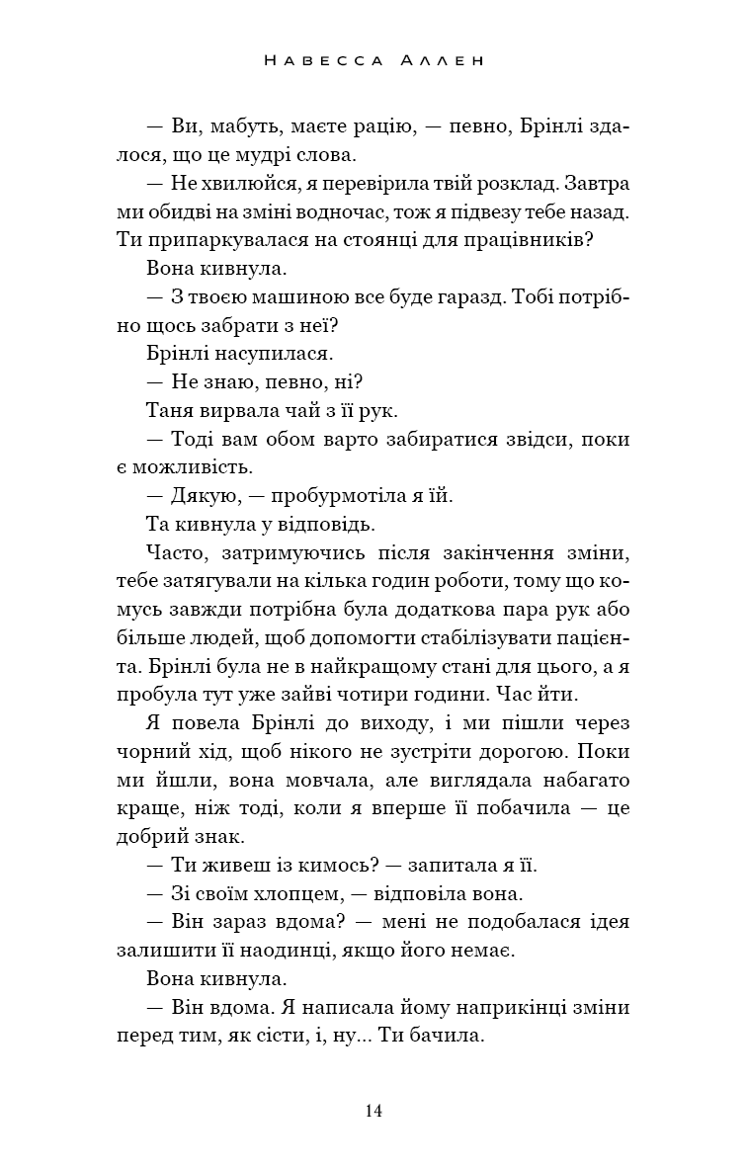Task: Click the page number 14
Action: coord(373,1111)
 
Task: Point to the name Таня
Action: coord(169,410)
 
